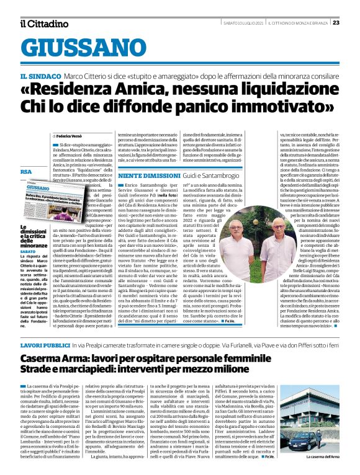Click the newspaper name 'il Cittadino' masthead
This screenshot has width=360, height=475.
pyautogui.click(x=43, y=24)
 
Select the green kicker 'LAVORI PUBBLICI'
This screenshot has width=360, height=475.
pyautogui.click(x=43, y=344)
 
